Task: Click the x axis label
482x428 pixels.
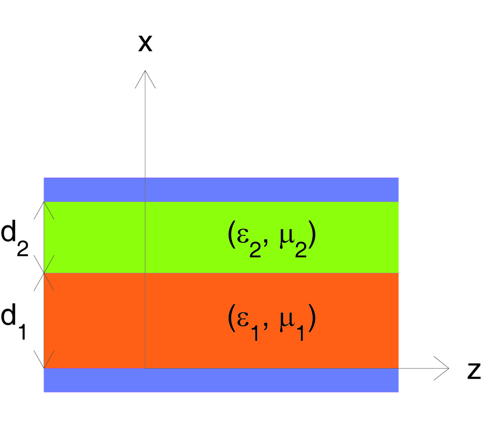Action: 145,43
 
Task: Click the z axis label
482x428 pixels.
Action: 474,371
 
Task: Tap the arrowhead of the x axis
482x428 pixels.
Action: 145,71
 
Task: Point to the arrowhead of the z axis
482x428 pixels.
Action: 448,368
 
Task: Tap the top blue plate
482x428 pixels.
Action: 221,189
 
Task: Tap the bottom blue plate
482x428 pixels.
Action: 221,380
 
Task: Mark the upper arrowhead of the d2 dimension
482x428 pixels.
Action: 44,203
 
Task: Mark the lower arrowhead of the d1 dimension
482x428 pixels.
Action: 44,367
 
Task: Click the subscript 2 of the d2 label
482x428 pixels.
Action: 22,248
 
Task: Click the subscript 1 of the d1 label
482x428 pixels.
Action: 22,331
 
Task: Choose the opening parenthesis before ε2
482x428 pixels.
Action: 232,234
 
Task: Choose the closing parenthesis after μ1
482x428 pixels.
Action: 312,317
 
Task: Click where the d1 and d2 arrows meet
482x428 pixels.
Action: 44,273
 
